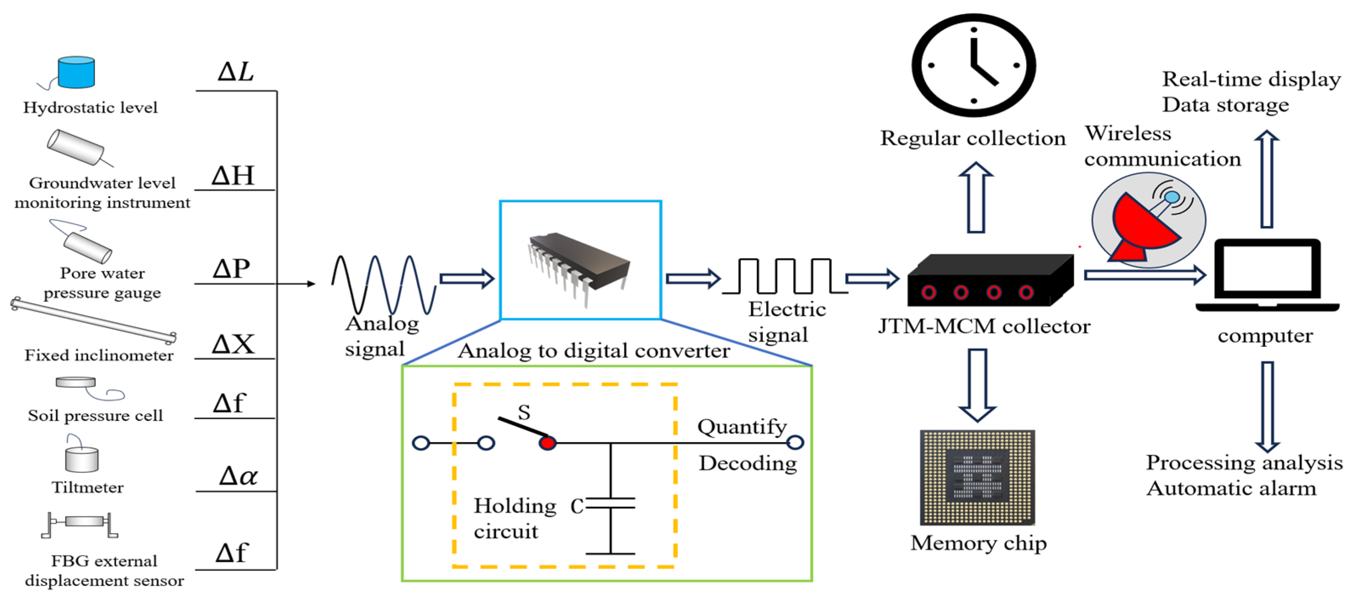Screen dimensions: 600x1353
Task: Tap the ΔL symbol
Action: tap(236, 72)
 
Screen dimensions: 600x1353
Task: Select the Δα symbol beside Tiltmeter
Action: tap(238, 476)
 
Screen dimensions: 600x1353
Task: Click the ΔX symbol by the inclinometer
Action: tap(233, 344)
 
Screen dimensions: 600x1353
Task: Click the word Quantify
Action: tap(742, 427)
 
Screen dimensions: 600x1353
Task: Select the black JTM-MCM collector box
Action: tap(990, 281)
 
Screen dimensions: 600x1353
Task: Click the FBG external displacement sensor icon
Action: tap(80, 524)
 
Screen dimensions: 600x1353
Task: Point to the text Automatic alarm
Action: tap(1231, 489)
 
